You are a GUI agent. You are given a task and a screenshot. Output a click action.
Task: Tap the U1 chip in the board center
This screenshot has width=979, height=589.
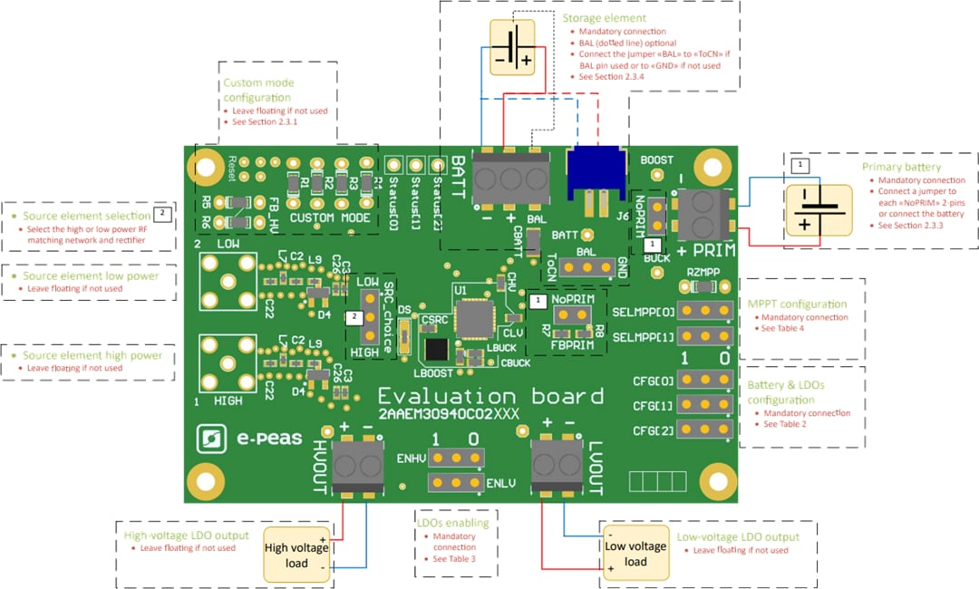point(472,319)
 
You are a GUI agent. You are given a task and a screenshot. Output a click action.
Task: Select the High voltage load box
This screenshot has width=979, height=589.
point(296,555)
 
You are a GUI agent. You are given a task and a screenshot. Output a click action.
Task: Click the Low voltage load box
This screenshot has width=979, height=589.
point(635,554)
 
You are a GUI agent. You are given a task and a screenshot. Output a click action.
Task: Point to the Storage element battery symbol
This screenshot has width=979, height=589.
point(514,46)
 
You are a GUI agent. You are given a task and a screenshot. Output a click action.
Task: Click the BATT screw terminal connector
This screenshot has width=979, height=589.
point(511,171)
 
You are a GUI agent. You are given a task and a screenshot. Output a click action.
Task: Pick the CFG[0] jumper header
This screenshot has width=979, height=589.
point(703,381)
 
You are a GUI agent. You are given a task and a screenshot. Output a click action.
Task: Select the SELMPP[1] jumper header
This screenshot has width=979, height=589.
point(703,337)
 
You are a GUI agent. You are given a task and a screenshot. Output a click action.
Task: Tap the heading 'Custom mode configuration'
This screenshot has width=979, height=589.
point(258,90)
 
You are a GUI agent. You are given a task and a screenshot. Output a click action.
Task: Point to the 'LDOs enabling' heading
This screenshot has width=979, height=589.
point(451,523)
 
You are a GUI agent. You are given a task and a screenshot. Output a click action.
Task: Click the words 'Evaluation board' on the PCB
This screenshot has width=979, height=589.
point(490,396)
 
